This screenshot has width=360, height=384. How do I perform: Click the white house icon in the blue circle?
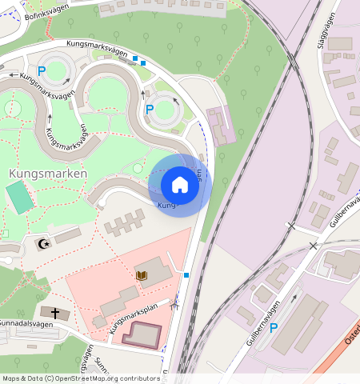(180, 185)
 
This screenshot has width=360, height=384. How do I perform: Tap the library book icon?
(142, 275)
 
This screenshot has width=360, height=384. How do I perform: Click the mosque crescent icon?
(44, 243)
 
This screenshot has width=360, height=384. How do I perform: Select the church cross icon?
(54, 312)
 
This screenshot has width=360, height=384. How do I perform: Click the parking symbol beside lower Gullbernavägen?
(274, 328)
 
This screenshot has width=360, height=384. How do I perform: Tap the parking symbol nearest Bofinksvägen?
(42, 71)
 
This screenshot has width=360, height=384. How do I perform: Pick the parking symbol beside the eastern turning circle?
(150, 109)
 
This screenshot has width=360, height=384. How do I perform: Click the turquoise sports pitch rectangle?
(20, 197)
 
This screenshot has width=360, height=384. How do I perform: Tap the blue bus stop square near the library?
(186, 275)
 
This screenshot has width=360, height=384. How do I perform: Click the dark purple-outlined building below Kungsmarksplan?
(140, 333)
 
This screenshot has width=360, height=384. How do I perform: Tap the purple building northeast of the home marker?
(220, 126)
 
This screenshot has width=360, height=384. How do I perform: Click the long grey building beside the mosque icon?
(68, 236)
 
